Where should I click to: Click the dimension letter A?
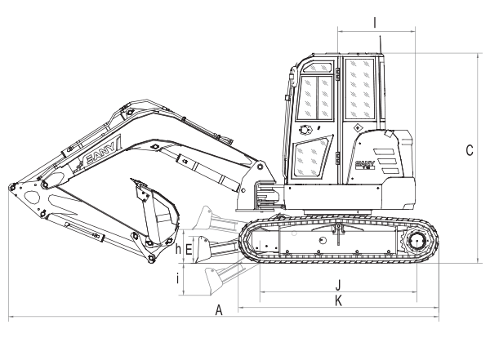(218, 309)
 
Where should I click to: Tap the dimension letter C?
(468, 150)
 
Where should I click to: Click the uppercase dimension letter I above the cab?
(374, 23)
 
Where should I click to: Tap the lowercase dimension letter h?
(178, 249)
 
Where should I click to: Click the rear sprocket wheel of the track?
(416, 242)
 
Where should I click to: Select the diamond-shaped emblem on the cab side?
(357, 128)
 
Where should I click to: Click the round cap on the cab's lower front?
(305, 131)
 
